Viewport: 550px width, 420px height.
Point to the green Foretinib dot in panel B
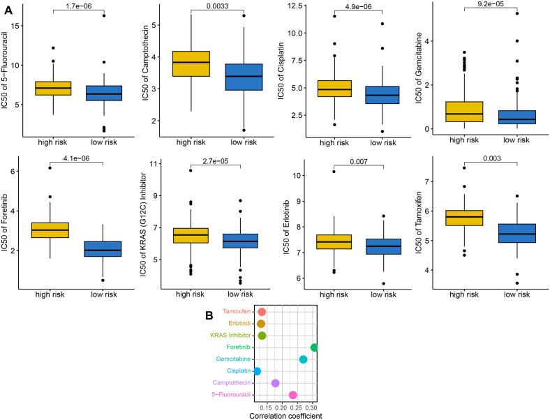click(x=315, y=347)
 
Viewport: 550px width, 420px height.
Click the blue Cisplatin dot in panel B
click(x=258, y=371)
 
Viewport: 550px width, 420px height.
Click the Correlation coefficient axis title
click(x=285, y=416)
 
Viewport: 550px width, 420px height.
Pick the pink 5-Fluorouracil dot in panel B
click(x=293, y=395)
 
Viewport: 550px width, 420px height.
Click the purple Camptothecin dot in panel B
click(x=275, y=383)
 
